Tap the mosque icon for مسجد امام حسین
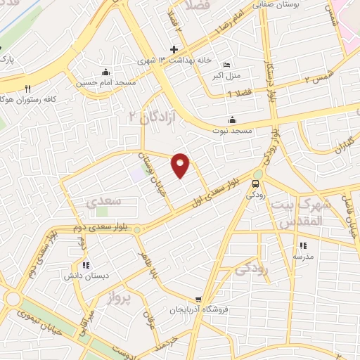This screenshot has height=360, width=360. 105,72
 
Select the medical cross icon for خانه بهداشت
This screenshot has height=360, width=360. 174,49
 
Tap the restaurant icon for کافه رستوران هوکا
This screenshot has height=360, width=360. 28,89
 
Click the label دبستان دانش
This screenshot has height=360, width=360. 85,276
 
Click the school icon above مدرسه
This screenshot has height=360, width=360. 304,246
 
